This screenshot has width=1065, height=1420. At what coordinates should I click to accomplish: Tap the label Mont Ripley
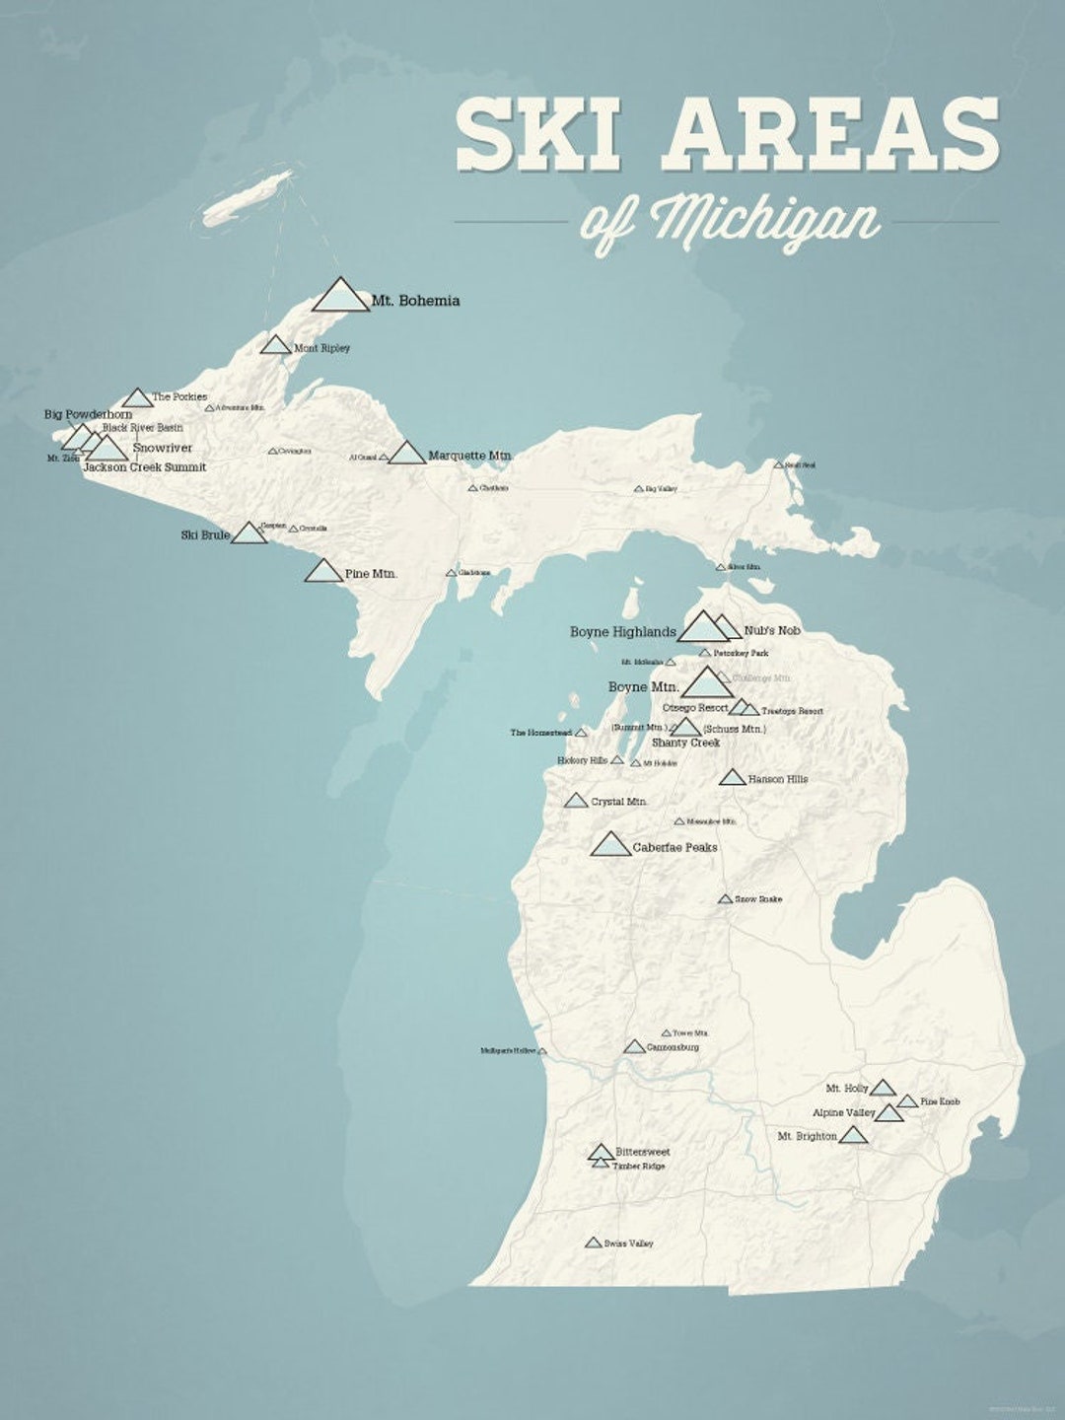[321, 348]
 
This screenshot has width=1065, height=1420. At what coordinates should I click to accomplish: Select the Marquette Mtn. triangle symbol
[406, 454]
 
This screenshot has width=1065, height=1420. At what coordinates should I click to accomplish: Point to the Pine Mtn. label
[371, 573]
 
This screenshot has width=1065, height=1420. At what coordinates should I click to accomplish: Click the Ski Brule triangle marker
[248, 533]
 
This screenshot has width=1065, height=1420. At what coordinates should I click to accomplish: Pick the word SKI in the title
[538, 134]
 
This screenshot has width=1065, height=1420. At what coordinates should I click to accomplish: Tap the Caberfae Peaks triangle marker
[610, 844]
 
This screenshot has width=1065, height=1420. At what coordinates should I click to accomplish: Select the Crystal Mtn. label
[619, 802]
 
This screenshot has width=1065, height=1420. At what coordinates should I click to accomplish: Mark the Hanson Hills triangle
[732, 778]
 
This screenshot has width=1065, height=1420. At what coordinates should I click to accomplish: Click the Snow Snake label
[758, 899]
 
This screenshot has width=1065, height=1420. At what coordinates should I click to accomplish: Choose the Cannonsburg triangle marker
[635, 1046]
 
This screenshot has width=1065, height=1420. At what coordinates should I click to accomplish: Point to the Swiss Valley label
[629, 1243]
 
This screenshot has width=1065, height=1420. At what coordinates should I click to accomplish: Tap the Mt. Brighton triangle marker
[853, 1135]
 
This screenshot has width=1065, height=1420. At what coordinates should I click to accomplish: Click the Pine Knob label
[940, 1101]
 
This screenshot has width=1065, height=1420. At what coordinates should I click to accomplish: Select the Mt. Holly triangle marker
[883, 1088]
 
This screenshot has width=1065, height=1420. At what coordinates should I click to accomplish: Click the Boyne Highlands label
[623, 632]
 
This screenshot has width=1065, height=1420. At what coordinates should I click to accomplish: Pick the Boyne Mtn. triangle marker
[707, 682]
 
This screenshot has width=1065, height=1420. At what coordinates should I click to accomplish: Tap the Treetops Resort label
[792, 711]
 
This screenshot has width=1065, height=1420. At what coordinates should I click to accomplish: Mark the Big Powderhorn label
[88, 415]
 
